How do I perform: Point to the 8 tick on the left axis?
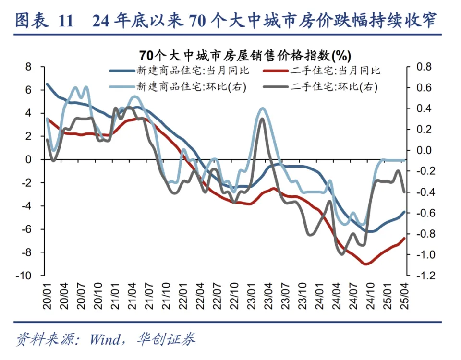point(28,67)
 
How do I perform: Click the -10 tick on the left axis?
point(25,276)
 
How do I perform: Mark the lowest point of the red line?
point(366,264)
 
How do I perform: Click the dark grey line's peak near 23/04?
point(262,119)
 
